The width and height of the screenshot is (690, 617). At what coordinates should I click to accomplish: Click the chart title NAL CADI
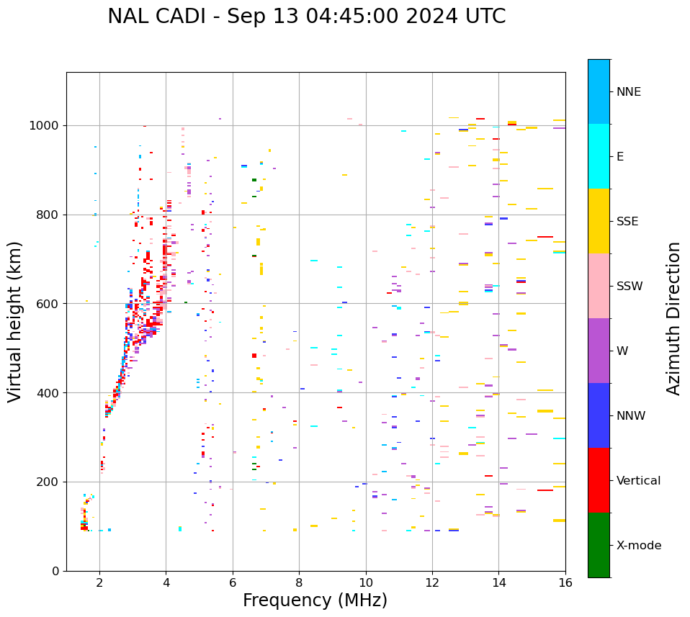[x=306, y=17]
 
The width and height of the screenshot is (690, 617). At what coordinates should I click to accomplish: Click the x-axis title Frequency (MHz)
[x=315, y=600]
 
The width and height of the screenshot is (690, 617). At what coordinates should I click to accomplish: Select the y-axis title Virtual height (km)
[x=15, y=321]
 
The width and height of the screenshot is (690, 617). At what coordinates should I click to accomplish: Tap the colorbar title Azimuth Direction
[x=673, y=318]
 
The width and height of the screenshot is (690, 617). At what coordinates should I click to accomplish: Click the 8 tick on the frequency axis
[x=299, y=582]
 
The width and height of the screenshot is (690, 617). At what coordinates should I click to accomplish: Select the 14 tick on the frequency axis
[x=498, y=582]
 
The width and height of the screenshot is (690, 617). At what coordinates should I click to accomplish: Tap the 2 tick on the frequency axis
[x=99, y=582]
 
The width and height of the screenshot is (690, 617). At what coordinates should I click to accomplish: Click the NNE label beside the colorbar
[x=628, y=92]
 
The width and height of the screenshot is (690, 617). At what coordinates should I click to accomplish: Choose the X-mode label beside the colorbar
[x=638, y=546]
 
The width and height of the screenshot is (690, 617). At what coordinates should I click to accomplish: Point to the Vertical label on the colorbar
[x=638, y=481]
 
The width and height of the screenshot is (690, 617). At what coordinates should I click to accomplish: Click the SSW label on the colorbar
[x=629, y=287]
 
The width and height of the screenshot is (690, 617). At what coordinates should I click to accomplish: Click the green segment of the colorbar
[x=599, y=545]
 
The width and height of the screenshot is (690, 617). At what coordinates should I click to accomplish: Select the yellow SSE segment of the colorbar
[x=599, y=221]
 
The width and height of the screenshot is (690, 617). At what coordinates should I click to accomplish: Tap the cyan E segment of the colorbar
[x=599, y=156]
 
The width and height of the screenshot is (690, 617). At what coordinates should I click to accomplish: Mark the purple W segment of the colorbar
[x=599, y=351]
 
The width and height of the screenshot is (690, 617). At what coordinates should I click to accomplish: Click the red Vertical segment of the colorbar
[x=599, y=480]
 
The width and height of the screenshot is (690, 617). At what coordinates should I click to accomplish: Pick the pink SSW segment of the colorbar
[x=599, y=286]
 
